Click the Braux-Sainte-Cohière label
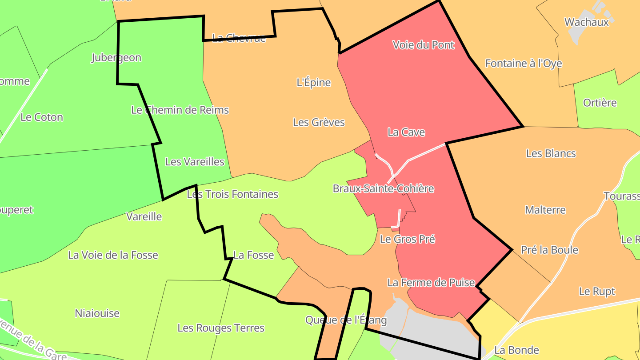click(x=383, y=188)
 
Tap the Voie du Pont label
click(x=424, y=45)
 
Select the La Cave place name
click(x=406, y=132)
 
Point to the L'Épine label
click(x=314, y=82)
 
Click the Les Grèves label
click(x=319, y=122)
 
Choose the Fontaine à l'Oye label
click(x=524, y=63)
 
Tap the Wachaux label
click(x=586, y=22)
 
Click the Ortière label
click(x=600, y=103)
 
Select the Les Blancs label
click(x=551, y=153)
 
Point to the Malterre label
click(x=545, y=210)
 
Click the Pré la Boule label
click(x=549, y=250)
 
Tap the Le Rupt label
click(x=597, y=292)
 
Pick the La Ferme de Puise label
click(x=431, y=282)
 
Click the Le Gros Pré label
click(x=407, y=239)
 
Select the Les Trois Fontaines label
click(x=232, y=194)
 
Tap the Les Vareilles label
click(x=195, y=161)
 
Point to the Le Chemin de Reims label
click(x=180, y=110)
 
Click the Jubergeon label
click(x=116, y=57)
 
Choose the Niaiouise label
click(x=97, y=313)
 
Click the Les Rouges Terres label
click(x=221, y=328)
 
